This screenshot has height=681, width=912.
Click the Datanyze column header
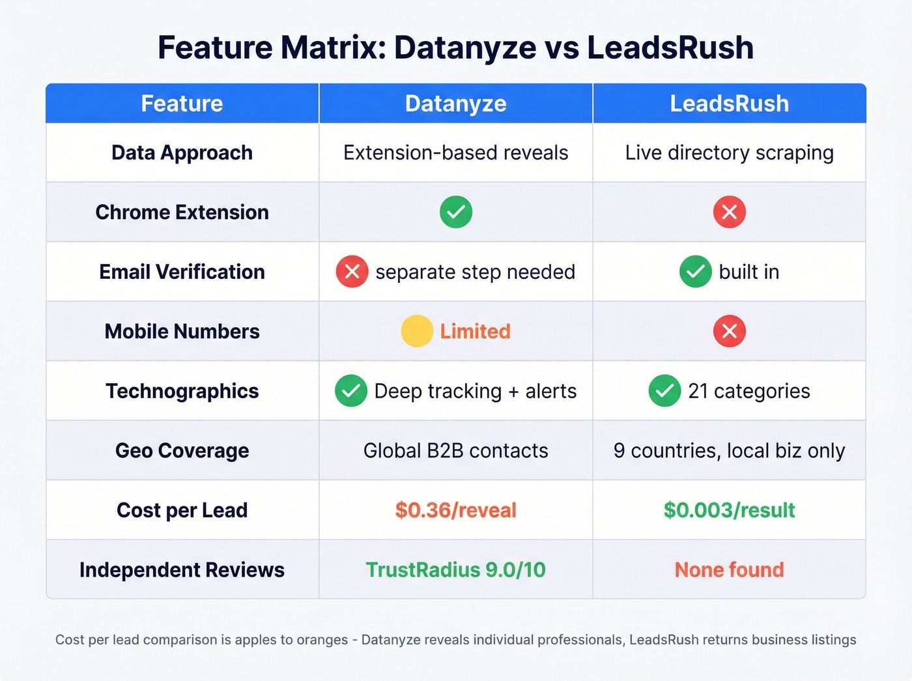click(455, 104)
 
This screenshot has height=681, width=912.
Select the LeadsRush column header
click(729, 104)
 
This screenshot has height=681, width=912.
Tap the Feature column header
click(182, 104)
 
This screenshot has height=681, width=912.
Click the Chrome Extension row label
click(182, 212)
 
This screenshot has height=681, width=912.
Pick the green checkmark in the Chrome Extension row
click(456, 212)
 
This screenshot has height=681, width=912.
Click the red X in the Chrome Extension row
click(730, 212)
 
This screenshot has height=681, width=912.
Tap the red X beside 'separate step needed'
click(352, 272)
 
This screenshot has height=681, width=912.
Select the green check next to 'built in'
click(696, 272)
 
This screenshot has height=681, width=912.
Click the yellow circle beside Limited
click(417, 331)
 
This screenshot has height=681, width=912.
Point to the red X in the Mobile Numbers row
click(730, 331)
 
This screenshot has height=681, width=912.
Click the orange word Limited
click(475, 331)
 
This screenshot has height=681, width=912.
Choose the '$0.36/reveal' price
click(455, 510)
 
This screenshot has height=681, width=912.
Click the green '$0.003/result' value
click(729, 510)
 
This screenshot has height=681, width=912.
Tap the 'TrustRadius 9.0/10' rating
click(455, 570)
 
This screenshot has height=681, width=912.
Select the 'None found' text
click(729, 570)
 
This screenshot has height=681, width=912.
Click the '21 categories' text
click(749, 391)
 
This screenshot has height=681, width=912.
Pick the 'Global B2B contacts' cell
click(455, 451)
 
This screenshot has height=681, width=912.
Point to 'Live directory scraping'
click(729, 153)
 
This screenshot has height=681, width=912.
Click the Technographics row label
click(182, 391)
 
